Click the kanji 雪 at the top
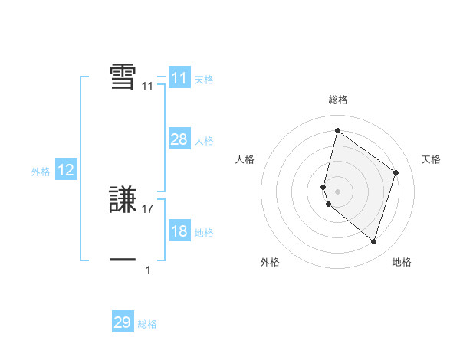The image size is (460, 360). click(x=123, y=77)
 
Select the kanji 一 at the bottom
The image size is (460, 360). click(x=123, y=260)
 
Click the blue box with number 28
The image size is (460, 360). click(x=179, y=139)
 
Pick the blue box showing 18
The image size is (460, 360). click(x=179, y=231)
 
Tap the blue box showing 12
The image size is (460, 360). click(x=65, y=170)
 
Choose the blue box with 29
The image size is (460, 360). click(x=123, y=322)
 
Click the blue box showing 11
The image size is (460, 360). click(x=179, y=78)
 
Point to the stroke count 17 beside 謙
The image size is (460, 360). click(x=148, y=208)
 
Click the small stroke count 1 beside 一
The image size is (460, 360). click(x=148, y=270)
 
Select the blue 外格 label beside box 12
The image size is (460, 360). click(x=41, y=172)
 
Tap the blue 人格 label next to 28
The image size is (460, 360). click(x=204, y=141)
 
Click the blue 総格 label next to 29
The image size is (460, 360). click(x=147, y=325)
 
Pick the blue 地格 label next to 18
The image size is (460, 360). click(x=204, y=233)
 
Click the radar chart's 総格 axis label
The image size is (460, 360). click(x=338, y=100)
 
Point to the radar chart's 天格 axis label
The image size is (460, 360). click(x=432, y=159)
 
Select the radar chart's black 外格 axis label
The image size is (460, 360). click(x=270, y=263)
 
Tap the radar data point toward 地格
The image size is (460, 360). click(x=374, y=242)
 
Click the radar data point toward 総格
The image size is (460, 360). click(x=337, y=130)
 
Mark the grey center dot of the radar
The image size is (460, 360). click(x=337, y=191)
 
